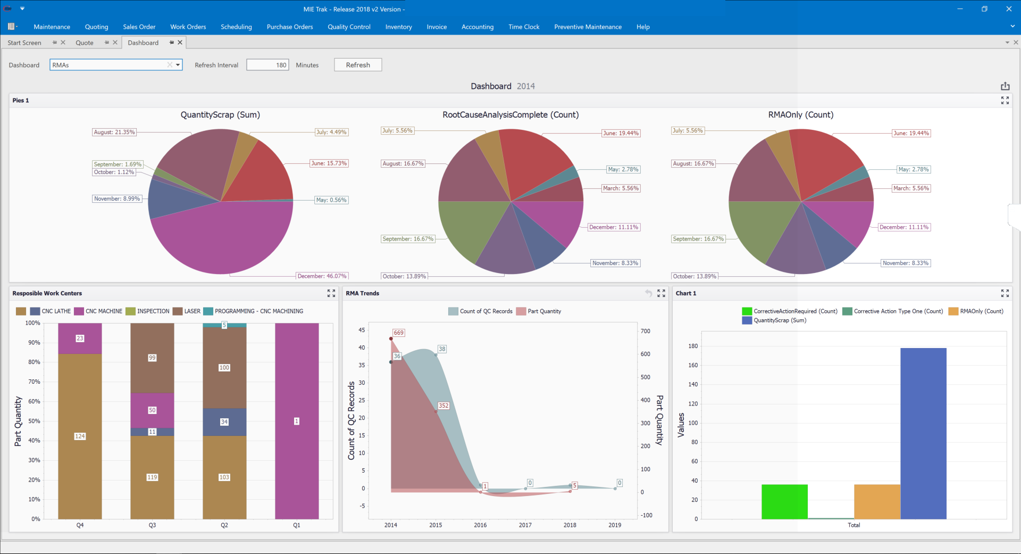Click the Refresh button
(357, 65)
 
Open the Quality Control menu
(349, 27)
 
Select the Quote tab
(85, 43)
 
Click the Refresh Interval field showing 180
(267, 65)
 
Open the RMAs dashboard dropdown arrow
(178, 65)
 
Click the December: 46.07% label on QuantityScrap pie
(322, 276)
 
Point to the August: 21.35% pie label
(114, 132)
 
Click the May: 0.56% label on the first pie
(331, 200)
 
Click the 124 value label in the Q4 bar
(80, 436)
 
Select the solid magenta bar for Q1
(297, 373)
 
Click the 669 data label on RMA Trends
(398, 333)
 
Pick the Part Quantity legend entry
(544, 311)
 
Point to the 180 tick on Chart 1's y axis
(693, 346)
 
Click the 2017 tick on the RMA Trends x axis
(525, 525)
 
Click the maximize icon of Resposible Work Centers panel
(331, 293)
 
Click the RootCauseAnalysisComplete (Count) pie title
(510, 114)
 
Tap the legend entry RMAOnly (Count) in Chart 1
(981, 311)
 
